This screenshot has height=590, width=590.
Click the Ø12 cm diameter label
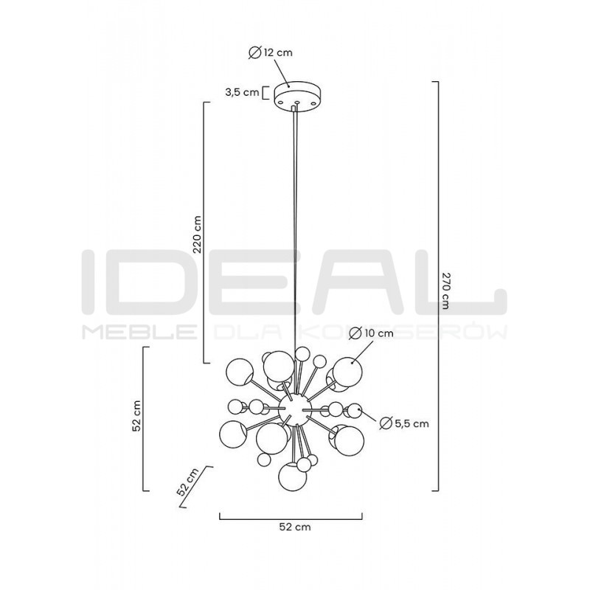271,52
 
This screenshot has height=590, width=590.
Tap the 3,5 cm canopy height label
242,91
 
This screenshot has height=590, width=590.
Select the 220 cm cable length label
197,234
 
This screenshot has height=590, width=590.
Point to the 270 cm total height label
445,290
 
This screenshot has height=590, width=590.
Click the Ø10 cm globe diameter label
371,333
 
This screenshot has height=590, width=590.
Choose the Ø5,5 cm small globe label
404,423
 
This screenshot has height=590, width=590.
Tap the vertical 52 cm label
136,415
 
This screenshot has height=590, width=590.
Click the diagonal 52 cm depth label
187,482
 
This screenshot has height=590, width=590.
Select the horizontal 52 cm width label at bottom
295,527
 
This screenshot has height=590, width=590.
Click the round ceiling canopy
297,97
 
